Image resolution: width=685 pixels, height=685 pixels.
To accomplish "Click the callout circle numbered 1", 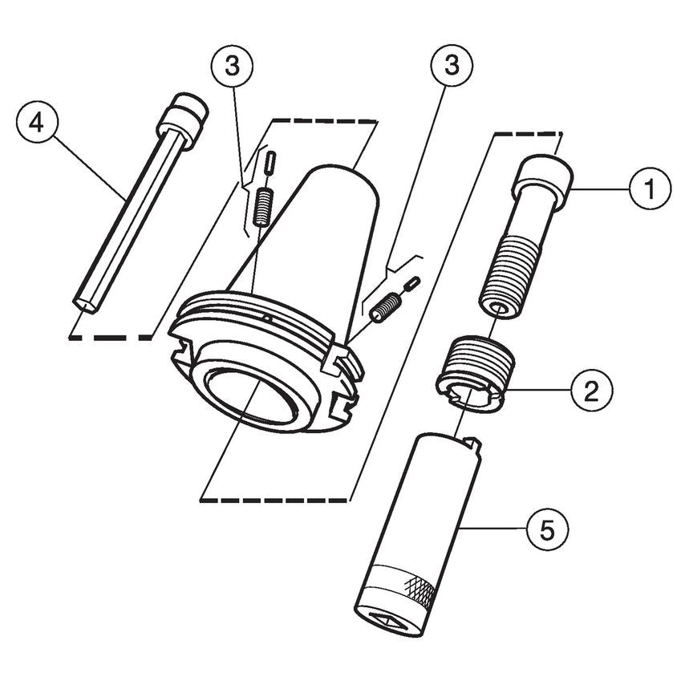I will pos(648,188).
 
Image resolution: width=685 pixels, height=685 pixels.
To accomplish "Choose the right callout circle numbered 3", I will pos(452,66).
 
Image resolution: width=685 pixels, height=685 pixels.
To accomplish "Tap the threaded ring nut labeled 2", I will pos(475,374).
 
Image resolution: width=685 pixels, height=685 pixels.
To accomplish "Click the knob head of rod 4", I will pos(182,116).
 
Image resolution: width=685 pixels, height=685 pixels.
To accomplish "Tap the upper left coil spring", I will pos(261,206).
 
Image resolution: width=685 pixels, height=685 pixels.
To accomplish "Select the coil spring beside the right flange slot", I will pos(387,305).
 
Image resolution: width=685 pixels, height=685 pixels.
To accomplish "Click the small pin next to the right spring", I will pos(412,282).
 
